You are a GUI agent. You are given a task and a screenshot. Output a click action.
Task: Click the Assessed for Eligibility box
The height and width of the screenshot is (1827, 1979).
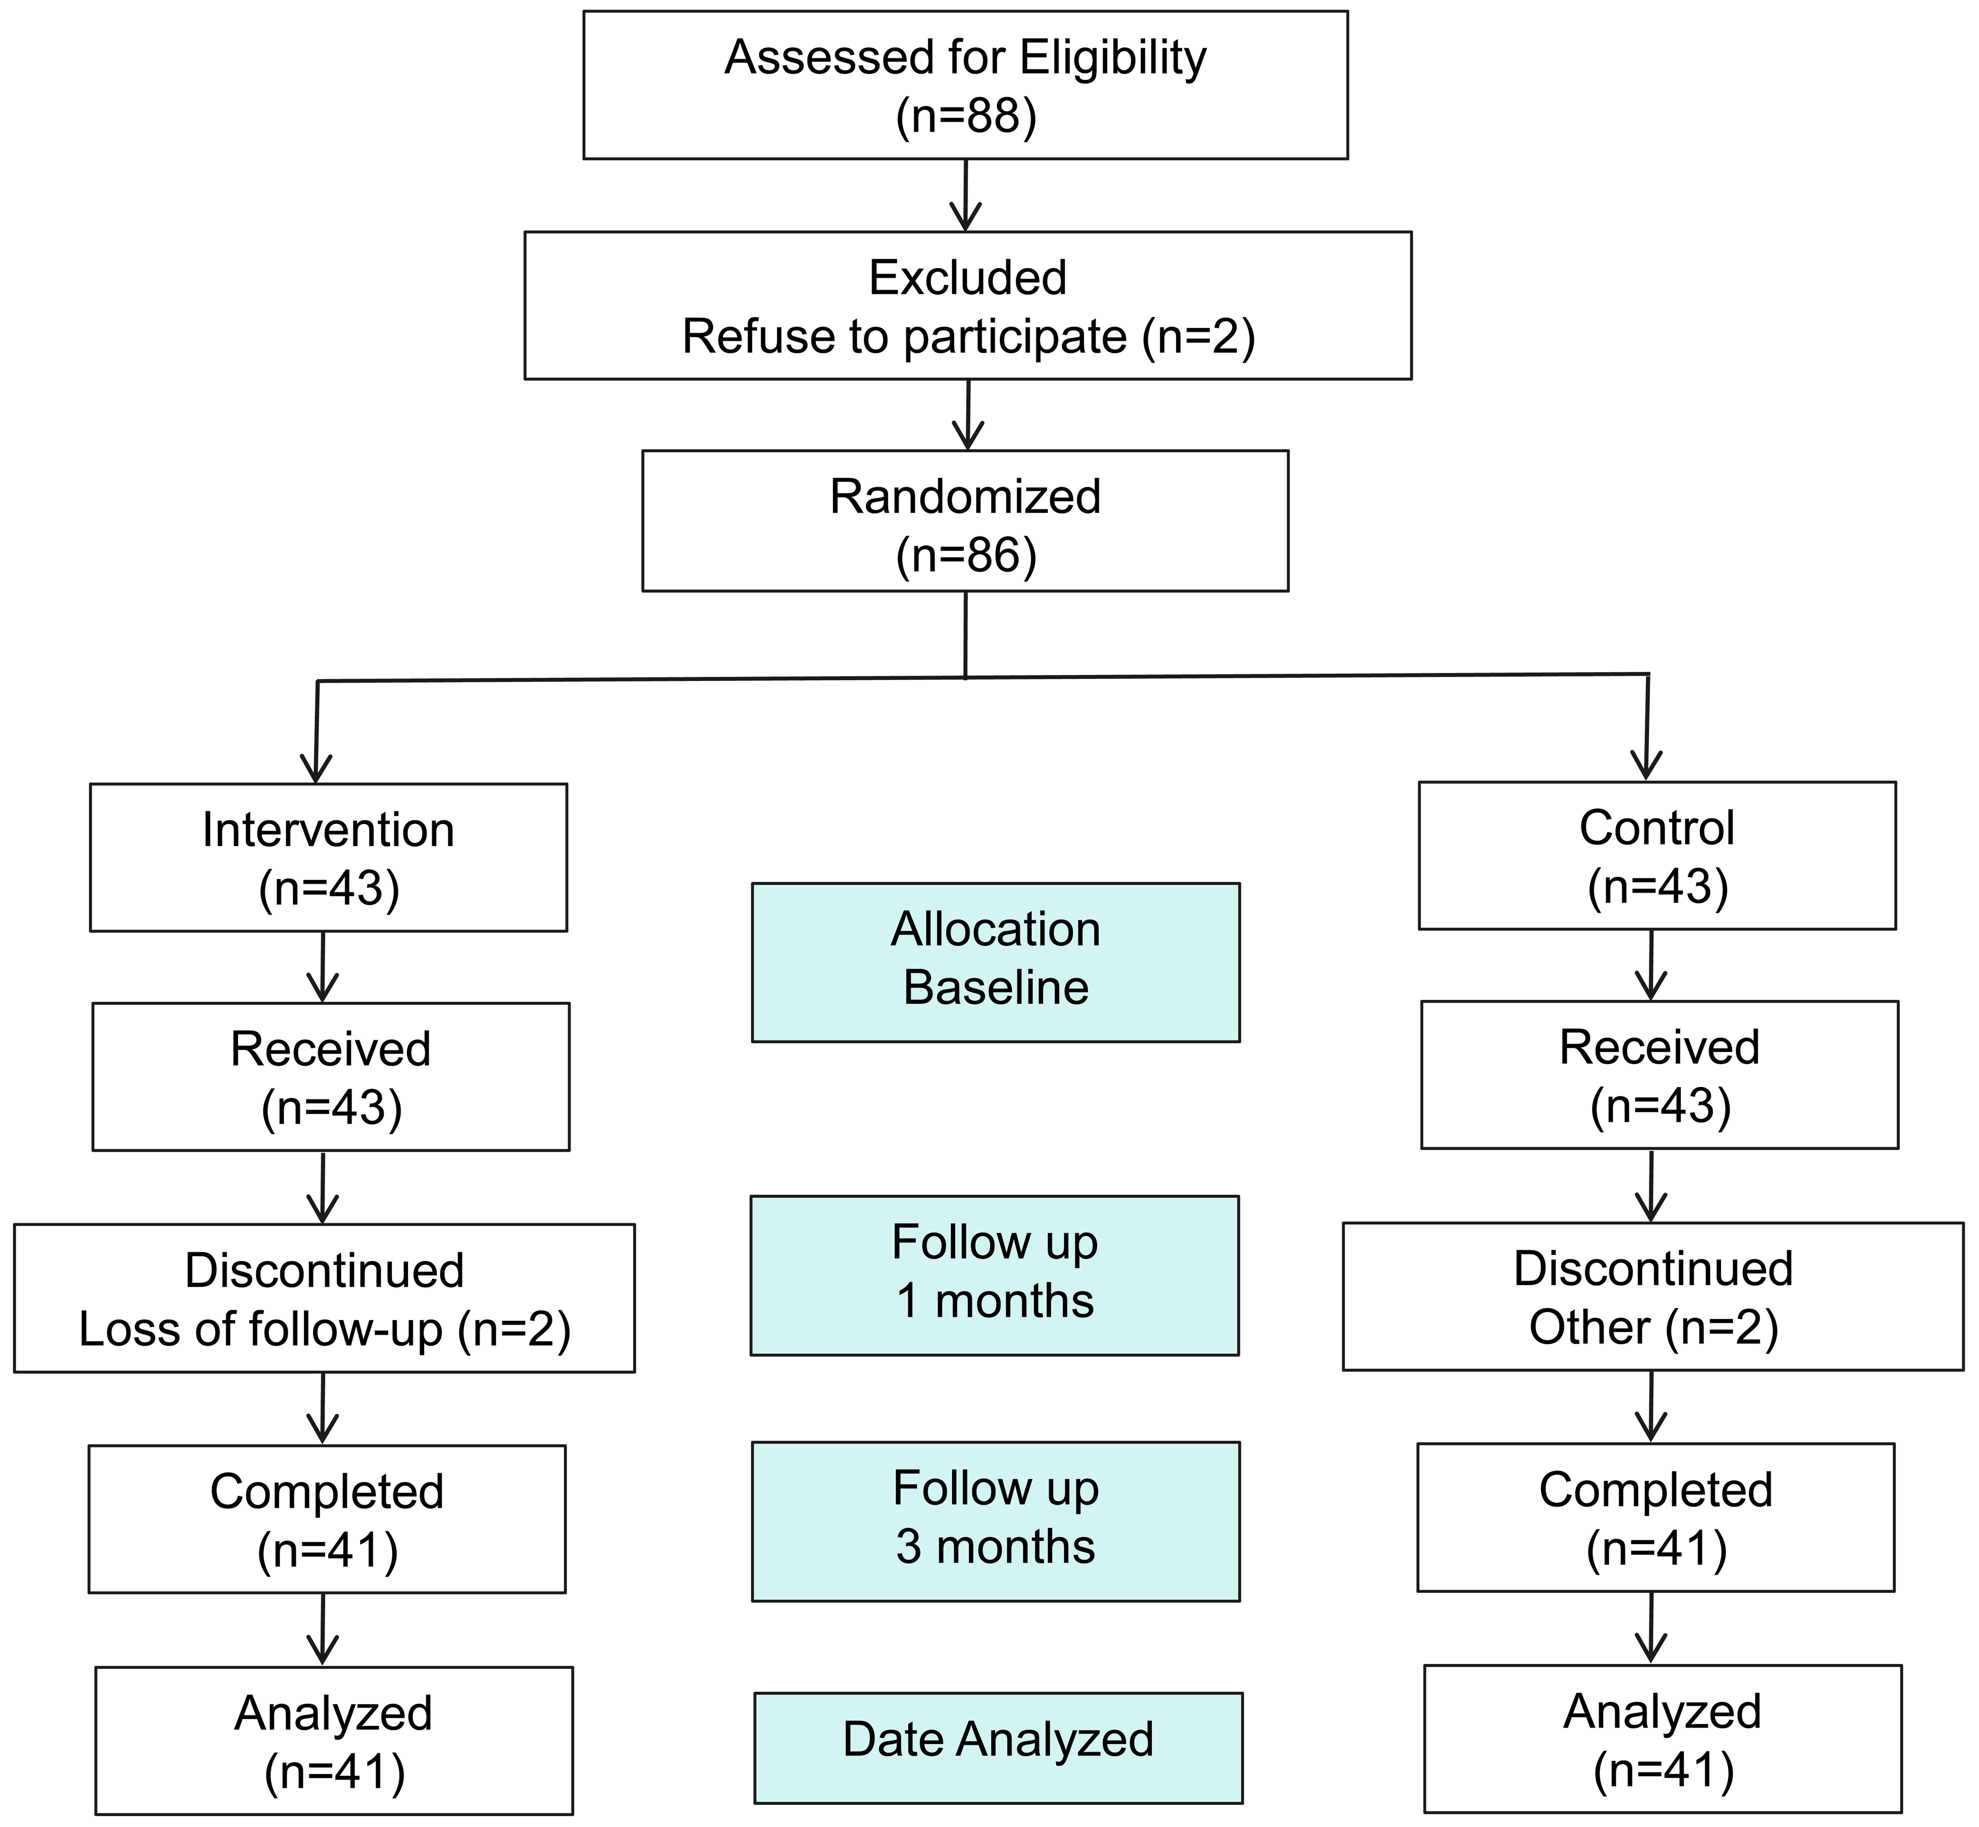click(x=965, y=85)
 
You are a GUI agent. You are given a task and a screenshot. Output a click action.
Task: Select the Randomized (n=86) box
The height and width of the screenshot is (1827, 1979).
click(x=965, y=521)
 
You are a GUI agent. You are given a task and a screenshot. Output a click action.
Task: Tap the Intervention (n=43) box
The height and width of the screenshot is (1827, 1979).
click(x=328, y=857)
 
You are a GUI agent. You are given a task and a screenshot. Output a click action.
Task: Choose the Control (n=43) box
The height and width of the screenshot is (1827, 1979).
click(x=1657, y=855)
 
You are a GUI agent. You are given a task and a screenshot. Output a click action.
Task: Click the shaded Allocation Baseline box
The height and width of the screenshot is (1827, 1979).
click(x=996, y=962)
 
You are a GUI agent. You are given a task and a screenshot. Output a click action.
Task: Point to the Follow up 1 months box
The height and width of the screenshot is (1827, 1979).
click(x=995, y=1275)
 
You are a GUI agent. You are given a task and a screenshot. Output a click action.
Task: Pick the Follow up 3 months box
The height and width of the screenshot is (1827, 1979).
click(x=996, y=1521)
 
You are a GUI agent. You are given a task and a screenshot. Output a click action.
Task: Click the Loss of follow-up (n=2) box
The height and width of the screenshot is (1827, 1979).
click(x=324, y=1298)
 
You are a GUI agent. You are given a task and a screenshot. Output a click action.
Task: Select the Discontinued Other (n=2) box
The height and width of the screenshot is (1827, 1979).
click(x=1653, y=1296)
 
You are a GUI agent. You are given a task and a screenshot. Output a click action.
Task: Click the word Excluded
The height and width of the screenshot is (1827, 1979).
click(x=968, y=278)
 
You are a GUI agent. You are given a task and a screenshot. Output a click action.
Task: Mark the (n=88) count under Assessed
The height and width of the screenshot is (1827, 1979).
click(x=966, y=117)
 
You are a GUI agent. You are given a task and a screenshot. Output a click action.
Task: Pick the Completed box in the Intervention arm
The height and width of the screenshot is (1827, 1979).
click(x=327, y=1520)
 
